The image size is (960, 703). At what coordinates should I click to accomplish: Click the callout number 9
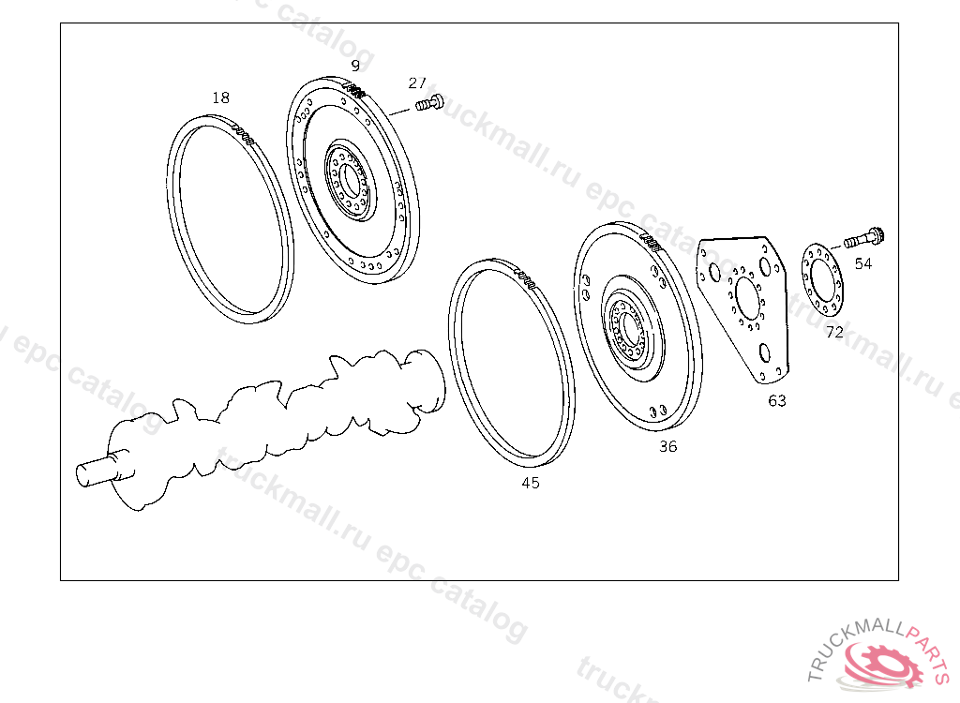pyautogui.click(x=355, y=66)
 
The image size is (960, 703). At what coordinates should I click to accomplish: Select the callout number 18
pyautogui.click(x=221, y=97)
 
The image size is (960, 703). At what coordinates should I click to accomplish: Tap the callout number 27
pyautogui.click(x=417, y=82)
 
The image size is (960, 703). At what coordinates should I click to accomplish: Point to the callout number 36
pyautogui.click(x=667, y=446)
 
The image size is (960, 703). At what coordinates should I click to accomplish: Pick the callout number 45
pyautogui.click(x=531, y=483)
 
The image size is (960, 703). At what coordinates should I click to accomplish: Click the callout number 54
pyautogui.click(x=863, y=264)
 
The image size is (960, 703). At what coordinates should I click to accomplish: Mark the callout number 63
pyautogui.click(x=777, y=401)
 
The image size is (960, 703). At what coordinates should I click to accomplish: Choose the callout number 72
pyautogui.click(x=834, y=332)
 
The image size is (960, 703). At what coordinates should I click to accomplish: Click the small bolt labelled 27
pyautogui.click(x=429, y=103)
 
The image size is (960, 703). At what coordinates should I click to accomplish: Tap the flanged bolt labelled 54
pyautogui.click(x=865, y=237)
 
